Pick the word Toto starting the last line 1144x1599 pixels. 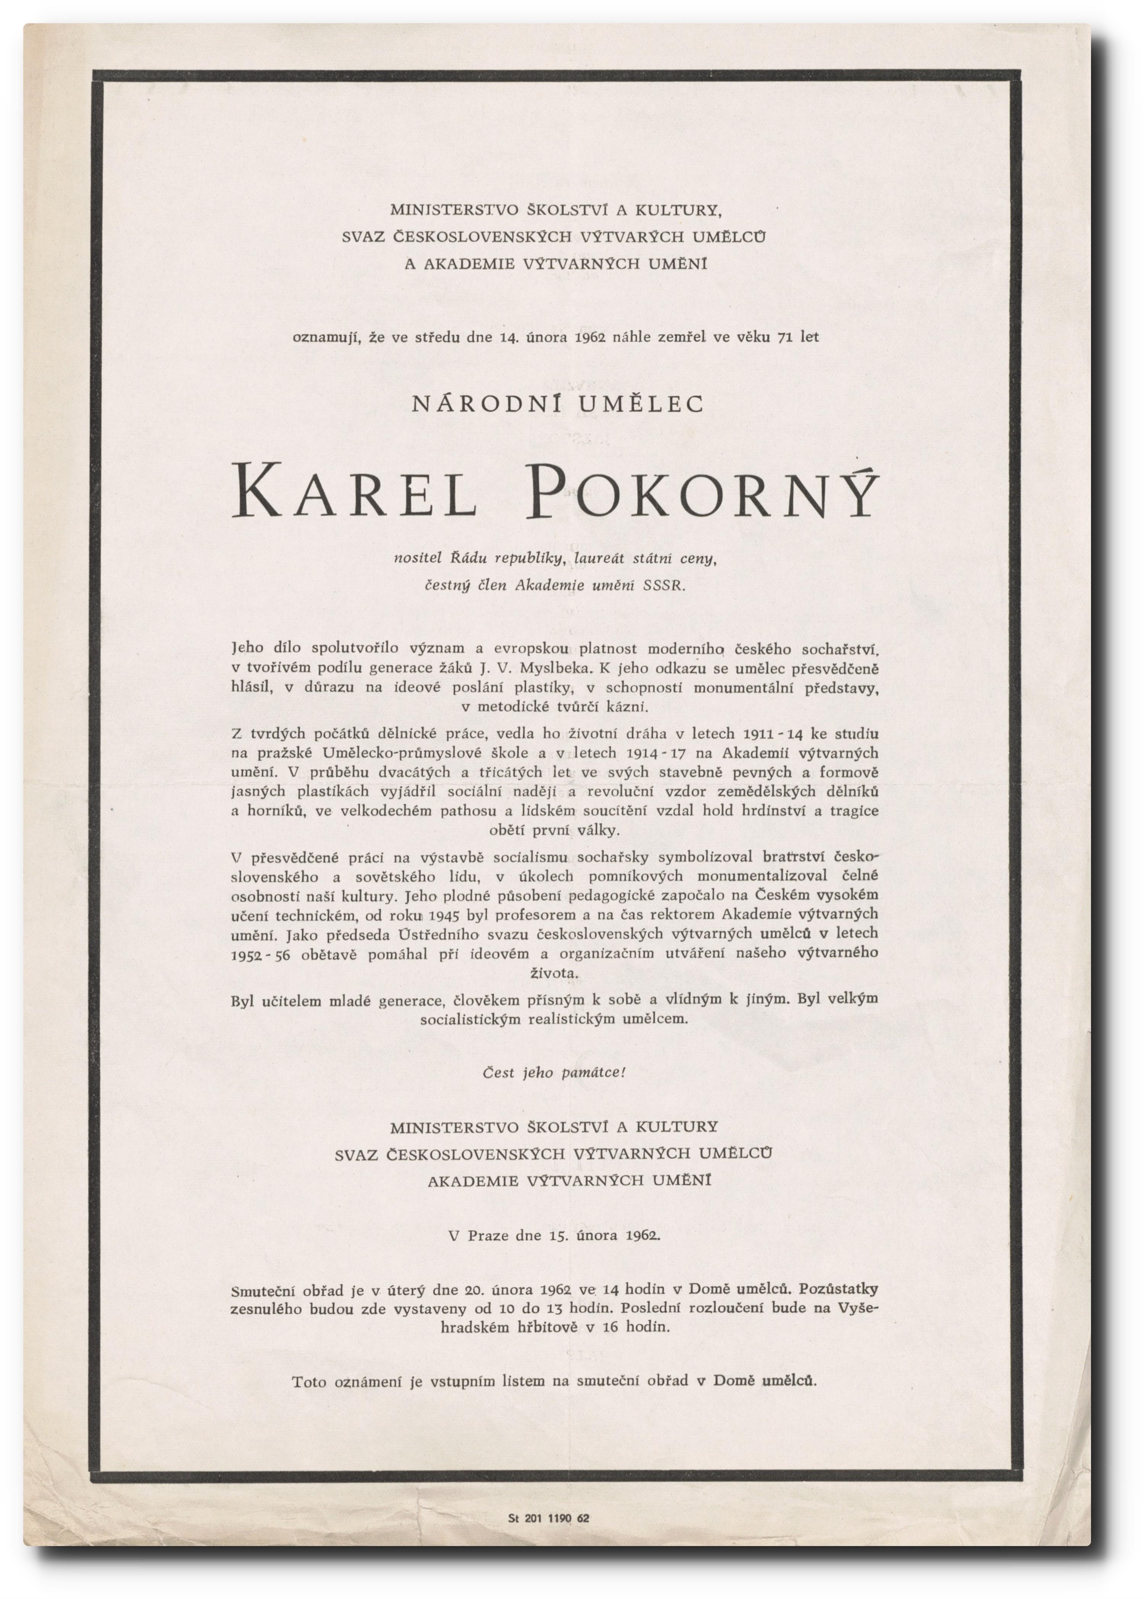309,1381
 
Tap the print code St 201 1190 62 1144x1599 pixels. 548,1519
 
